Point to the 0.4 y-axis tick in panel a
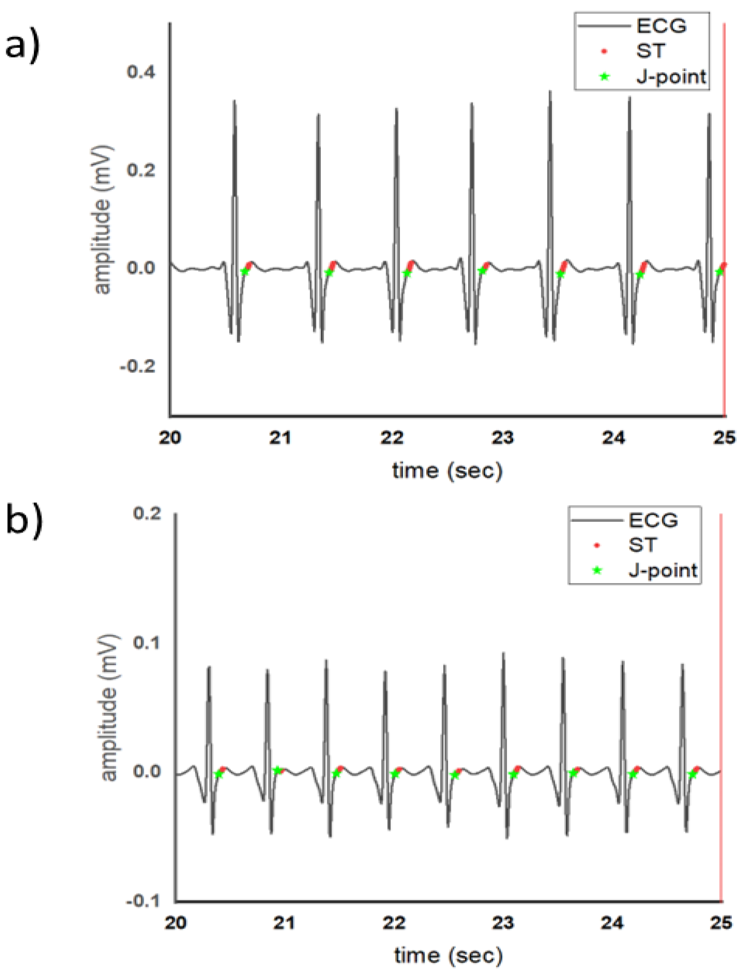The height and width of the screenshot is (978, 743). click(141, 71)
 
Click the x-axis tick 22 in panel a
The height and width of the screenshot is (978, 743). click(392, 438)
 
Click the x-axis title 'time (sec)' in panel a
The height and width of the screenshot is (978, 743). click(447, 471)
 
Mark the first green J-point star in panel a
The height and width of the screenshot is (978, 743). click(245, 271)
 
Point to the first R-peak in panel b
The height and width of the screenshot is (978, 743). click(209, 667)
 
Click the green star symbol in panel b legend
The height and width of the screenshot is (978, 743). click(597, 571)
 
